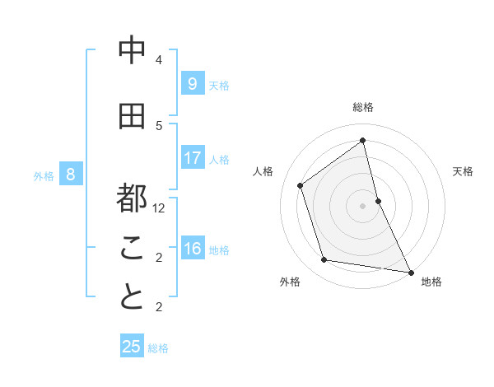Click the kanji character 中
[132, 51]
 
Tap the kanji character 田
[132, 117]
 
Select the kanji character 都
[132, 198]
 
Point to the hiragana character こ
[132, 248]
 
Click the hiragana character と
[132, 297]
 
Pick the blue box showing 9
[192, 83]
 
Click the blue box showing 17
[192, 157]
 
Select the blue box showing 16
[192, 249]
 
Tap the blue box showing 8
[71, 174]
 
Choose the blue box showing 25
[132, 347]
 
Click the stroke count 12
[159, 208]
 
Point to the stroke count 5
[159, 126]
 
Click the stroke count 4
[159, 60]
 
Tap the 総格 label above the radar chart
[363, 107]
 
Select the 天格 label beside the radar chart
[463, 171]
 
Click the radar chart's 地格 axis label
[431, 282]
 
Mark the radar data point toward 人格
[301, 185]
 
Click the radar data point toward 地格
[410, 271]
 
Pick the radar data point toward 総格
[363, 141]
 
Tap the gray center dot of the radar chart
[363, 205]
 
